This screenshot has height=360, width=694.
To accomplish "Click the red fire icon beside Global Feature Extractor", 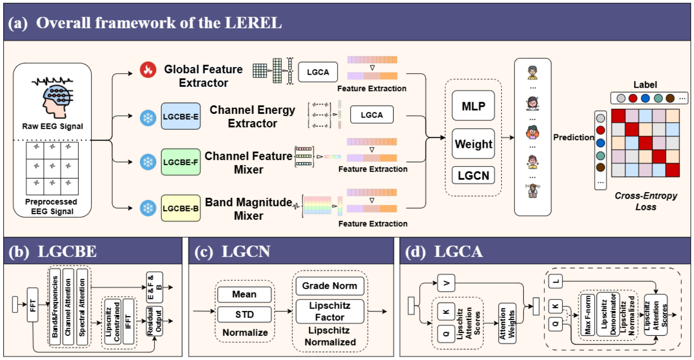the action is (148, 69).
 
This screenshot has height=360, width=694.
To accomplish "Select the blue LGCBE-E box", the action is (180, 116).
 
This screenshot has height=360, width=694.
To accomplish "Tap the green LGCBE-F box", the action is (180, 162).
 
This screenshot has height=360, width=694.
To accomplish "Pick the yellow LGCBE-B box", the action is (180, 208).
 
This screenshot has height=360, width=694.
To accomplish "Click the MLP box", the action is (473, 106).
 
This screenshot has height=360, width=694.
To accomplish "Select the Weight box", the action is (473, 144).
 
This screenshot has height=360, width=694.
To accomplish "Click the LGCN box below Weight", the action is (473, 175).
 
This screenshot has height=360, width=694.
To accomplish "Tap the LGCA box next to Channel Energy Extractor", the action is (372, 115).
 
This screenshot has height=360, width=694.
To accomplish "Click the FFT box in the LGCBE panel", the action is (33, 305).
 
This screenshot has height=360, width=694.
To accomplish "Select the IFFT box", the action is (128, 322).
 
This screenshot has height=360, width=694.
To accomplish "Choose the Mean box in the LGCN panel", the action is (244, 294).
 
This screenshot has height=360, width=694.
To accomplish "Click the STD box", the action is (244, 314).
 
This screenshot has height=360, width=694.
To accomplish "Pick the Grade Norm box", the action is (330, 286).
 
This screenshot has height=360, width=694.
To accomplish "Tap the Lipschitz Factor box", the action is (330, 312).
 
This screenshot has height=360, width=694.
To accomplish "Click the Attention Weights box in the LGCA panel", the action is (507, 323).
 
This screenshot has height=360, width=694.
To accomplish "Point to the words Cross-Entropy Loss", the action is (645, 201).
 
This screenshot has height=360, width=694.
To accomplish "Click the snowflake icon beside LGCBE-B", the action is (148, 208).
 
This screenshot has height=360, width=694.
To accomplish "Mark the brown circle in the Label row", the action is (670, 98).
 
